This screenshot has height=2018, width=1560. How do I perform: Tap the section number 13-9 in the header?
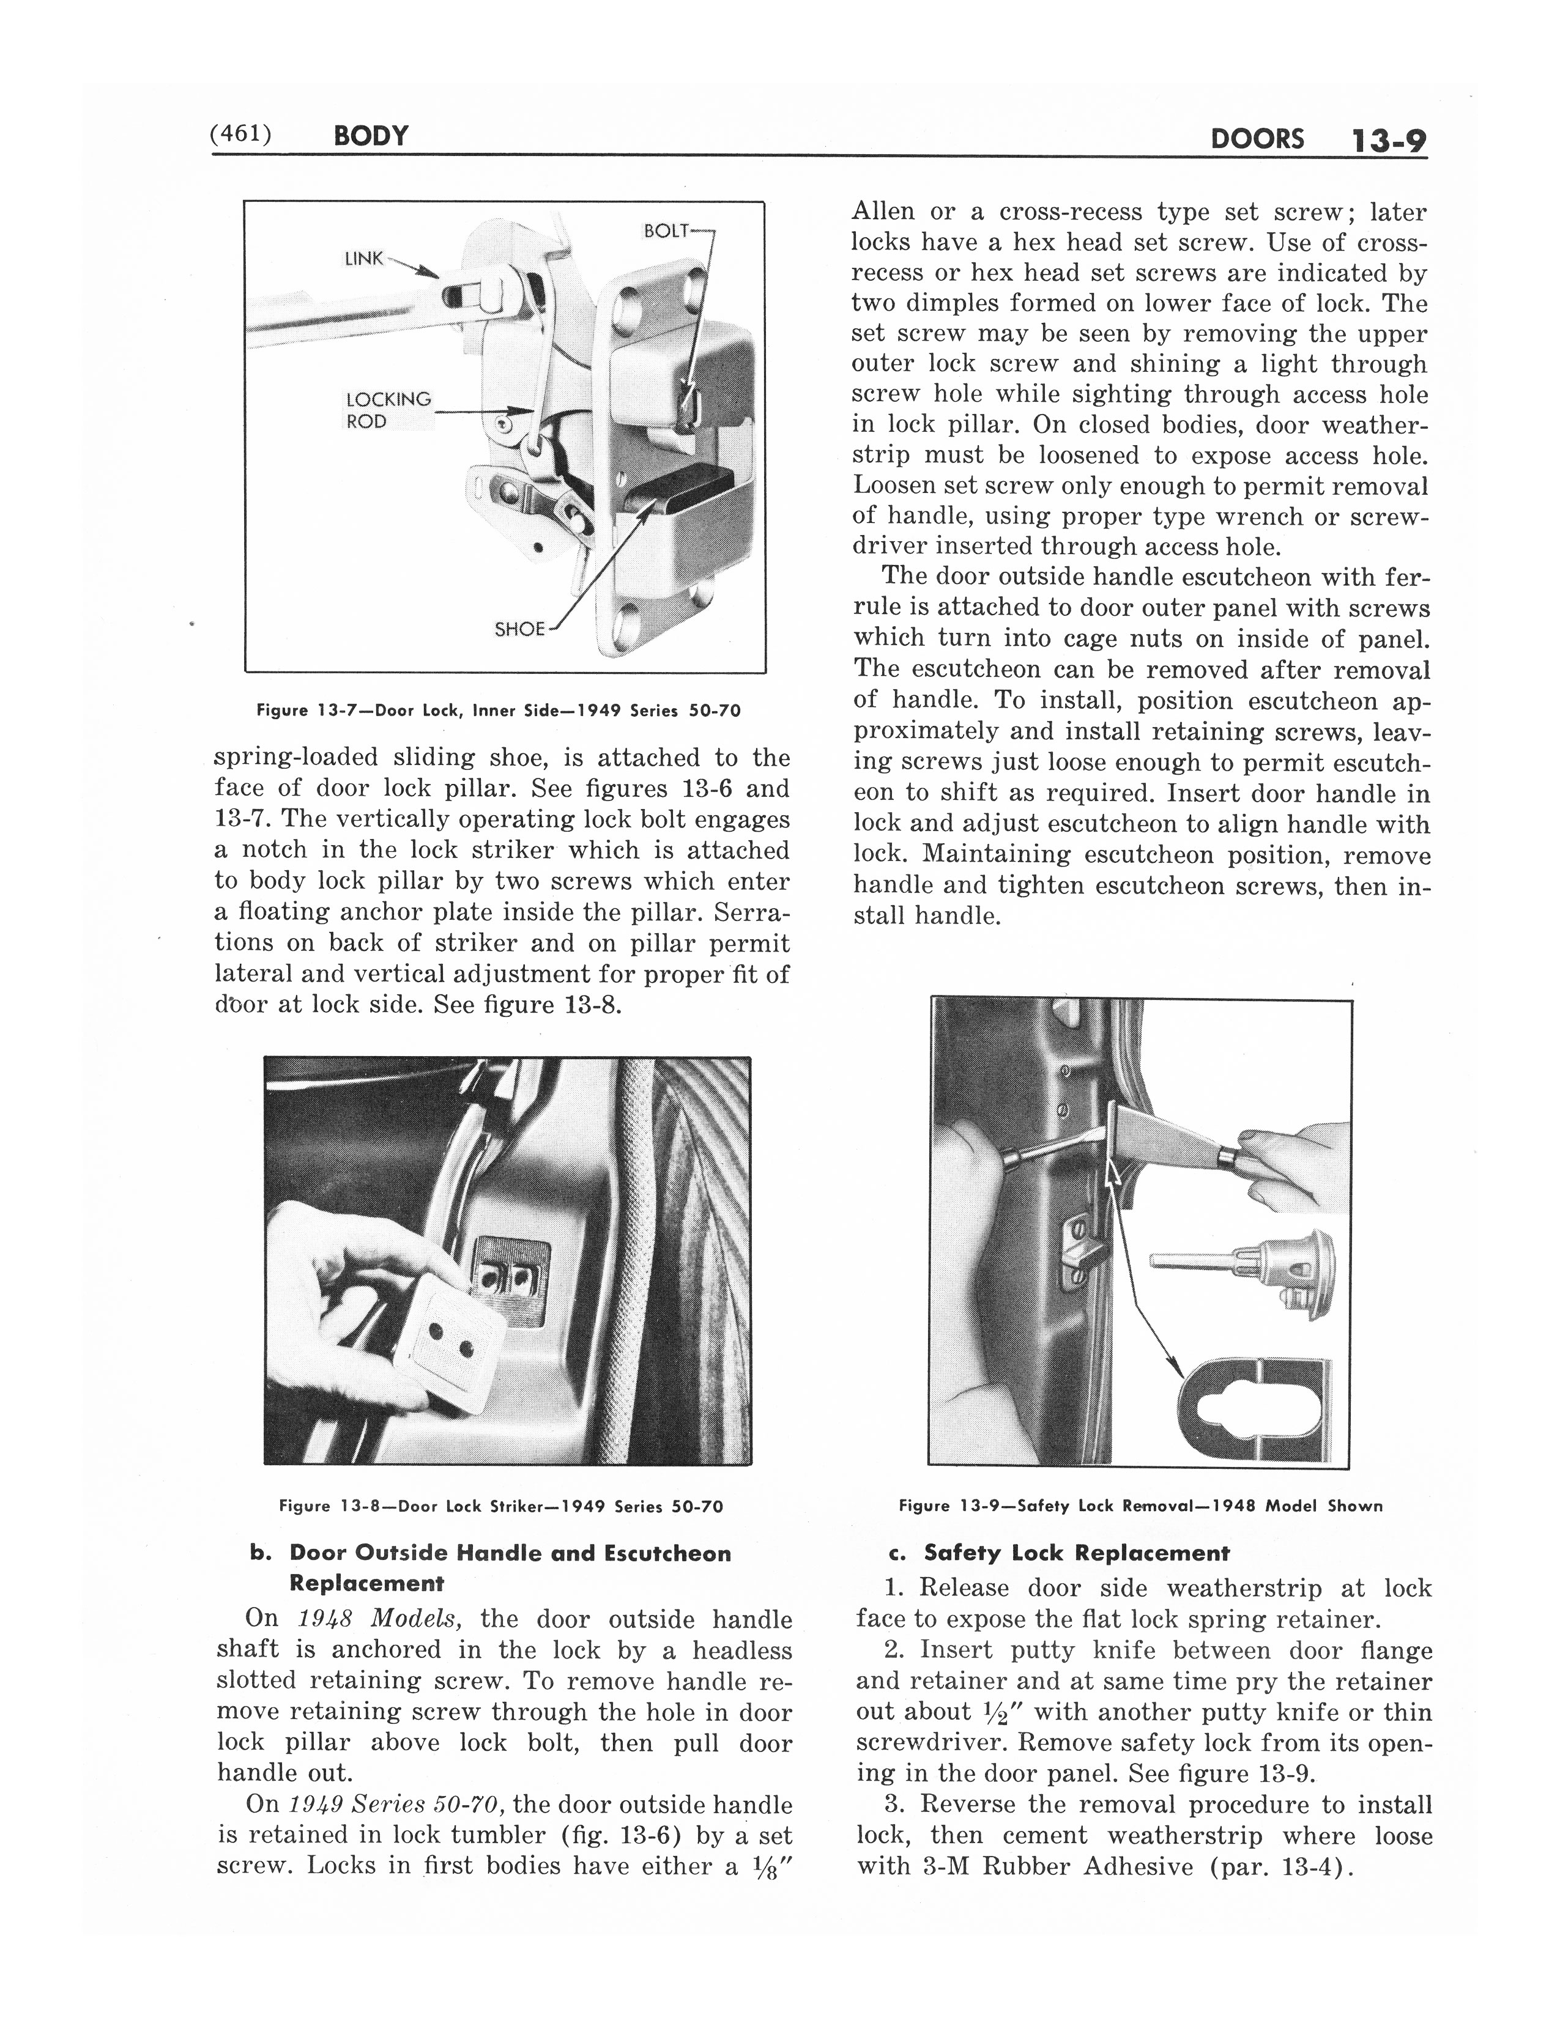pyautogui.click(x=1387, y=141)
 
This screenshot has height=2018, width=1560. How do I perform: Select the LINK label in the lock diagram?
pyautogui.click(x=363, y=259)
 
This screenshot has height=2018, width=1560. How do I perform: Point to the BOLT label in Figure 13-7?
pyautogui.click(x=667, y=231)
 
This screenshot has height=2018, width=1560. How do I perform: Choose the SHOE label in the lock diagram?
pyautogui.click(x=519, y=629)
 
